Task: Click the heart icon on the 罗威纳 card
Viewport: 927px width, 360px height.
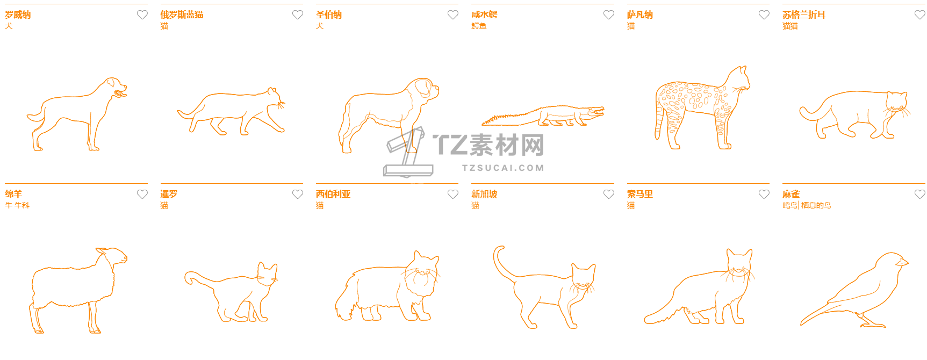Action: point(142,15)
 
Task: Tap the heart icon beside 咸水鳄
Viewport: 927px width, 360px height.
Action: point(609,15)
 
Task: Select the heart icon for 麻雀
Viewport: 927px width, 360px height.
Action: point(920,195)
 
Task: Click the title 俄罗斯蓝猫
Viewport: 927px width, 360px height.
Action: point(182,15)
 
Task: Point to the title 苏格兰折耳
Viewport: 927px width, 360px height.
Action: point(804,15)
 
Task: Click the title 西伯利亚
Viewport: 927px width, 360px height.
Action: point(333,195)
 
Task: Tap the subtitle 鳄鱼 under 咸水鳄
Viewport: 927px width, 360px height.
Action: point(479,26)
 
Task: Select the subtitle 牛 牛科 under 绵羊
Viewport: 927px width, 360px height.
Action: point(17,205)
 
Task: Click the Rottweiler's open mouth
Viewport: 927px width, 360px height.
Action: point(120,95)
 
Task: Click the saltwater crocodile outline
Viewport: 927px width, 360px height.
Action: point(543,116)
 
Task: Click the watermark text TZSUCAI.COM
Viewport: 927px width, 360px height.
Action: point(503,168)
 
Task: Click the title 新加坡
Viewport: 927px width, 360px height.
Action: point(484,195)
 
